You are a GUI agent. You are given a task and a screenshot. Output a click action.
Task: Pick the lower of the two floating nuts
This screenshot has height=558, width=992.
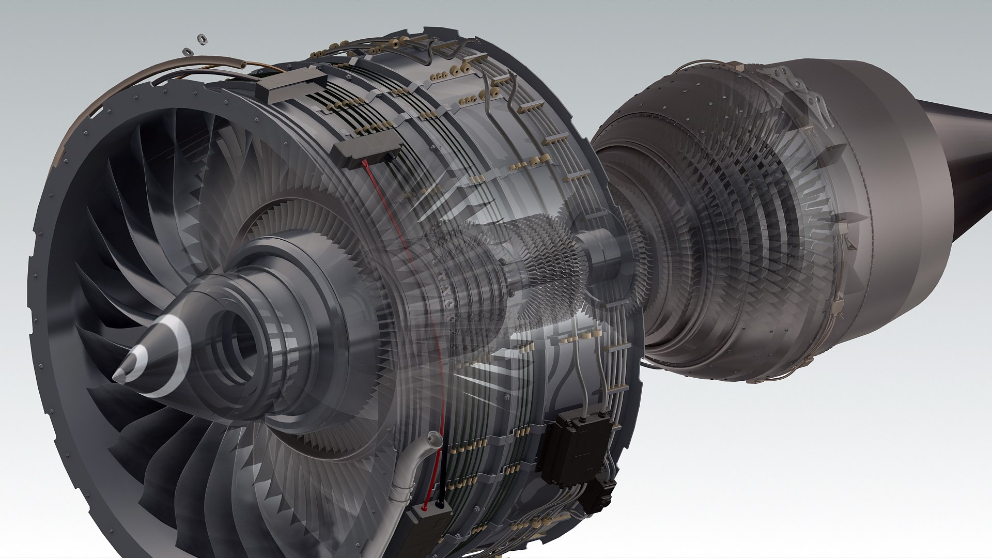pos(187,52)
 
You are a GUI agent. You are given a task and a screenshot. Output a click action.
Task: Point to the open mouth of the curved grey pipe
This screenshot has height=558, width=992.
pos(433,440)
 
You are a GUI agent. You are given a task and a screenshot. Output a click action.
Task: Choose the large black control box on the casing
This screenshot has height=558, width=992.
pos(576,447)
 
